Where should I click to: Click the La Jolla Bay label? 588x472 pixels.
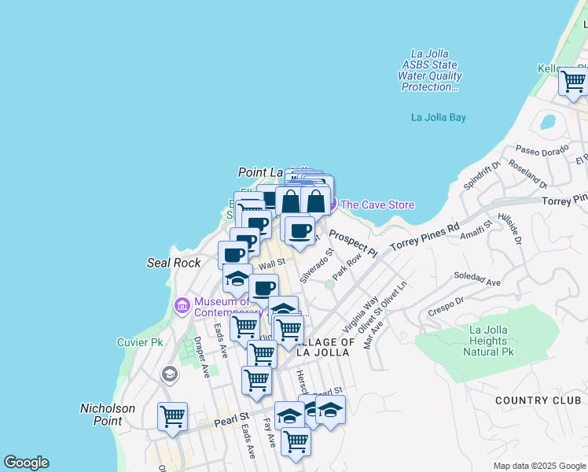point(439,117)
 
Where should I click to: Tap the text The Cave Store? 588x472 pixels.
point(377,205)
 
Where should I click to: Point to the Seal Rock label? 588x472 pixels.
point(174,263)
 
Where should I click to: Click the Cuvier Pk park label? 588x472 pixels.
point(139,342)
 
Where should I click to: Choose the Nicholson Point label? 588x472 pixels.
point(108,415)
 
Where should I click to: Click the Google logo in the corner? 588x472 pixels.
point(26,463)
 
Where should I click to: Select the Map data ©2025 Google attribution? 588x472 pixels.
point(538,466)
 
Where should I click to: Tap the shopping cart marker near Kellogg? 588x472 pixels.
point(573,80)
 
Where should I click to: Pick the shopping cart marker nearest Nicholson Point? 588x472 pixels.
point(172,416)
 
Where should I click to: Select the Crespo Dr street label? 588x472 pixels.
point(447,307)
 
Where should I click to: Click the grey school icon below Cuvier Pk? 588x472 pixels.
point(168,375)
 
